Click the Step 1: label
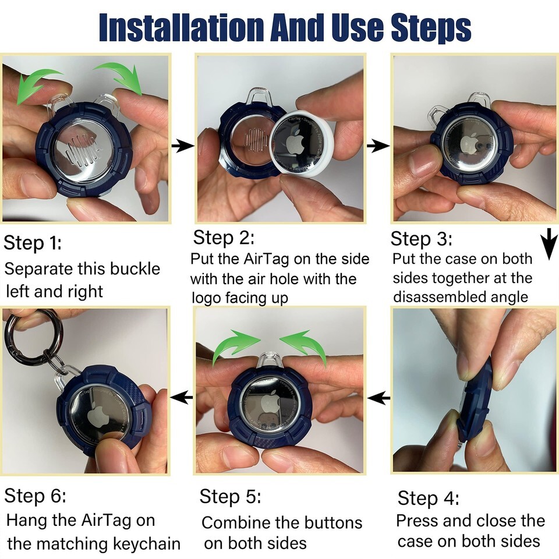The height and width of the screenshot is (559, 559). click(x=33, y=243)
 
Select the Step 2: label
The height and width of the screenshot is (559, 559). click(x=224, y=238)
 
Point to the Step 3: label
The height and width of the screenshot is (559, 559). click(x=421, y=239)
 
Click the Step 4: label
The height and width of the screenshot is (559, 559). click(x=428, y=498)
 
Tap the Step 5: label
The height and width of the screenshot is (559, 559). click(x=230, y=496)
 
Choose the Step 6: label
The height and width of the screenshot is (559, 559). click(x=35, y=495)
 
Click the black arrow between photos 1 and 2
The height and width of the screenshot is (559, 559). click(x=182, y=146)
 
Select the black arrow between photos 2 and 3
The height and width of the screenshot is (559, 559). click(x=378, y=146)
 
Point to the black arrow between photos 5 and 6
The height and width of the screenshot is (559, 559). click(x=182, y=397)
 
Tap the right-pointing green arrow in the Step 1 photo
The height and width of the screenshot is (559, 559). click(x=119, y=77)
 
